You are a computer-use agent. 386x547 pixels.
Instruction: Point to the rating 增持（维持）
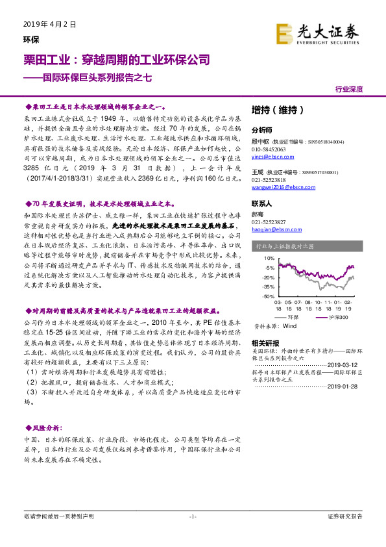[x=278, y=110]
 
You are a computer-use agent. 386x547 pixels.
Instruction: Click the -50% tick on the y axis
[x=266, y=296]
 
